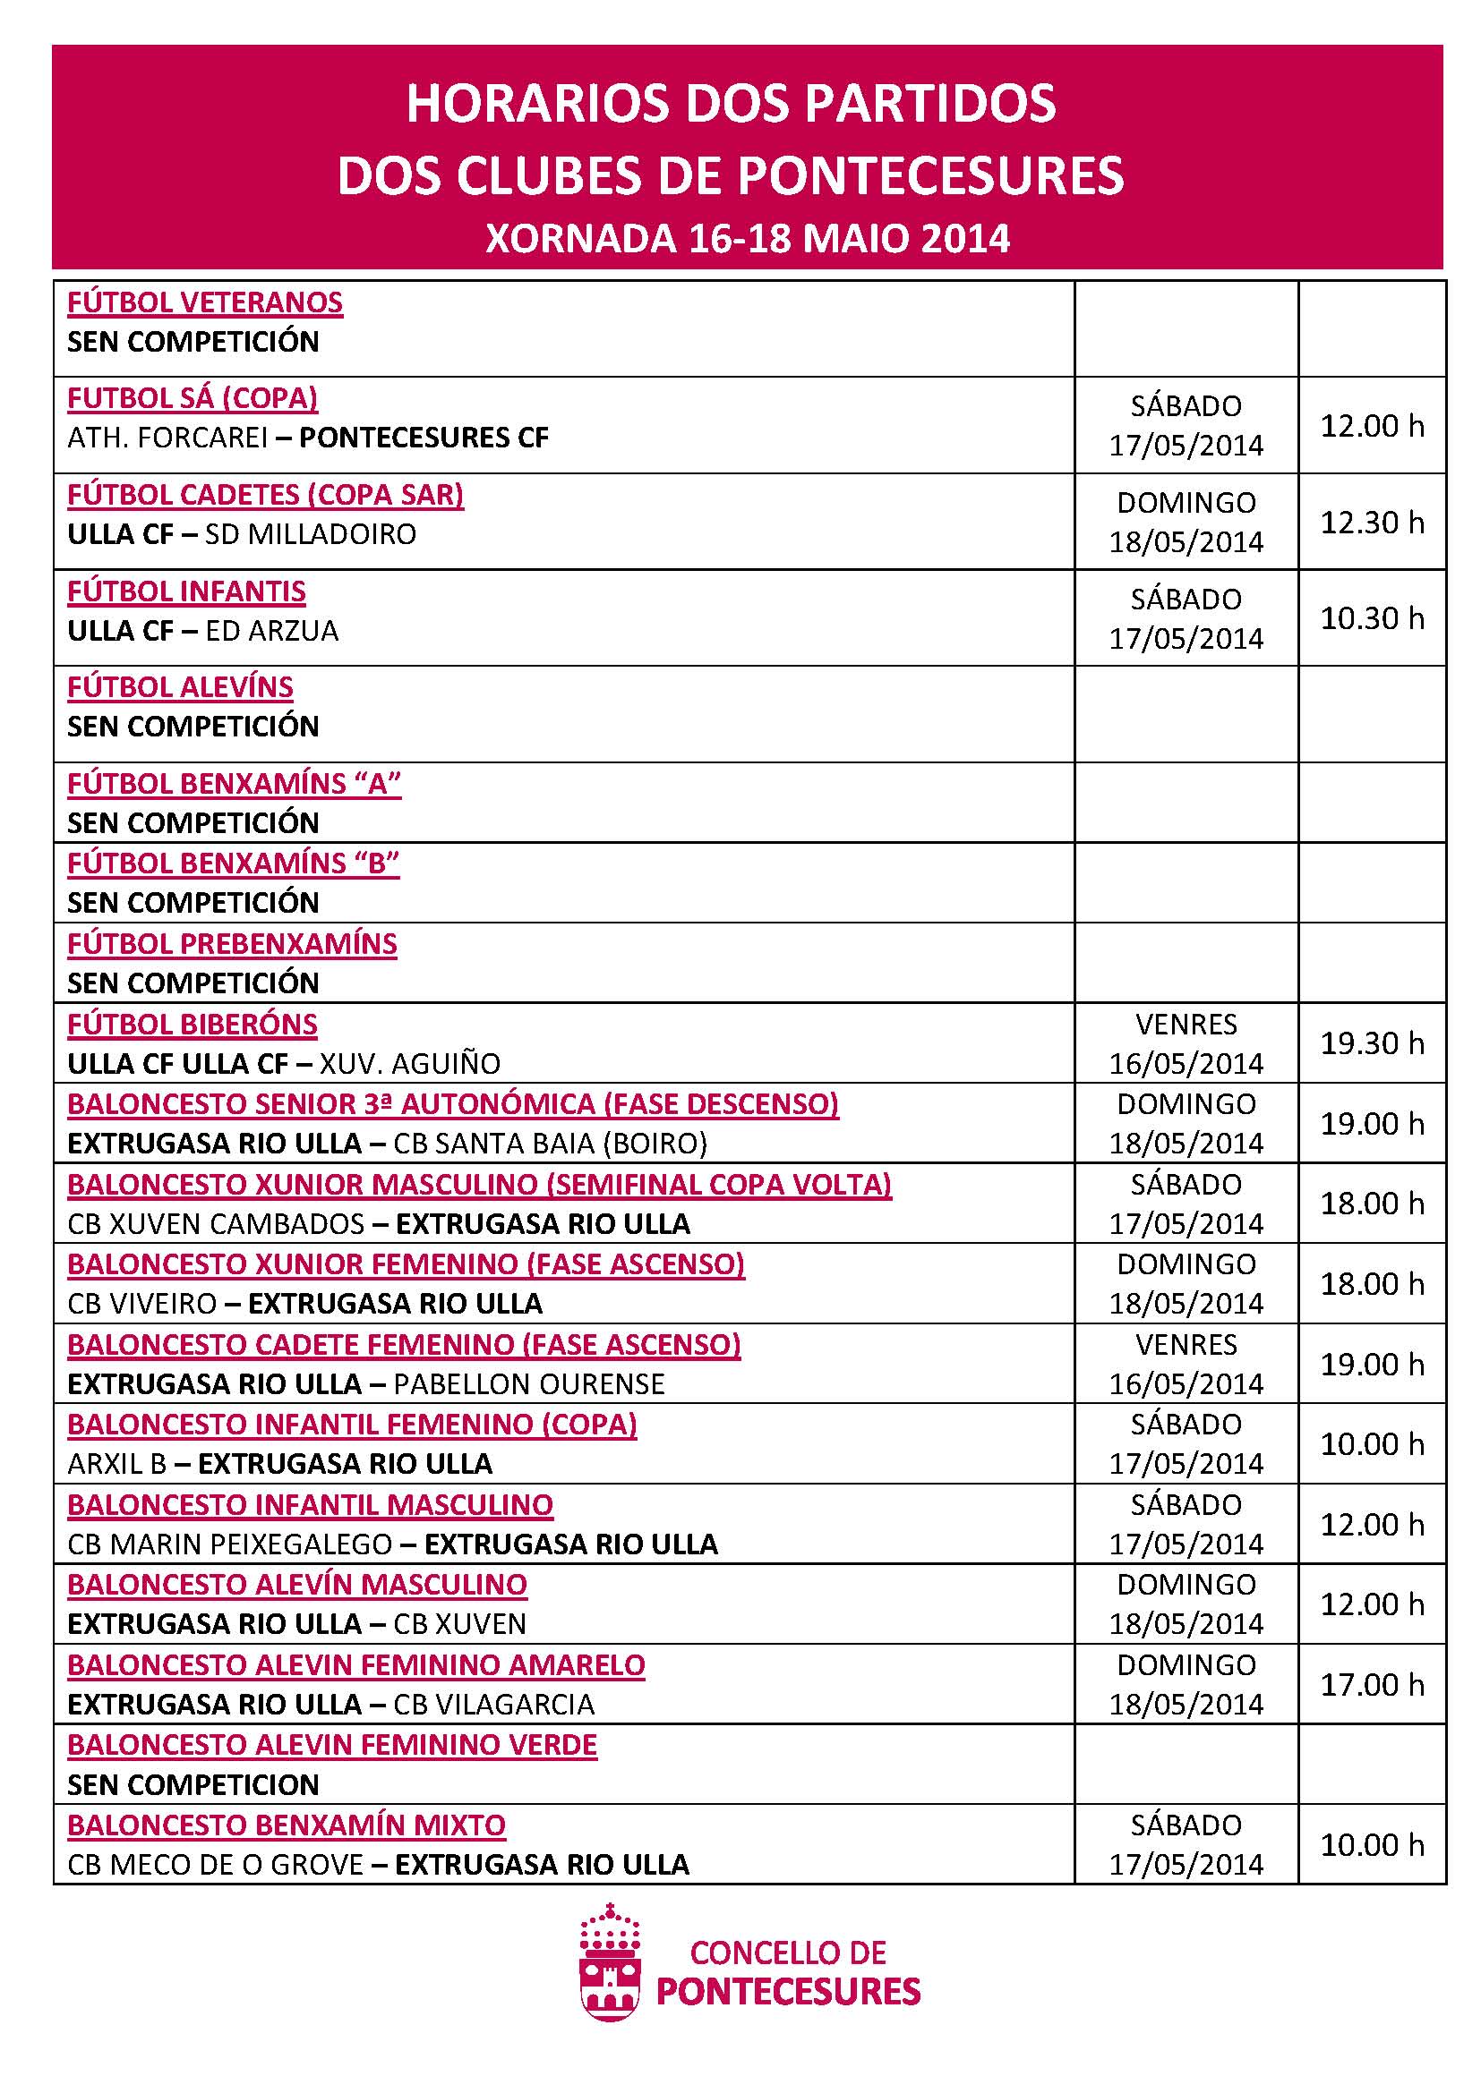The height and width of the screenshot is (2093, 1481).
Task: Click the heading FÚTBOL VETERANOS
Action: (204, 302)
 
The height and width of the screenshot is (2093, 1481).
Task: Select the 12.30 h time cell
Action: (1372, 523)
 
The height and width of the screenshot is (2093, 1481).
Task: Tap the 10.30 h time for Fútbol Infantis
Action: (1372, 618)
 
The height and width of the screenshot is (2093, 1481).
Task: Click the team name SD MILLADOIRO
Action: (310, 534)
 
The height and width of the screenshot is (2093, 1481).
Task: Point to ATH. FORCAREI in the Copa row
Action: (167, 438)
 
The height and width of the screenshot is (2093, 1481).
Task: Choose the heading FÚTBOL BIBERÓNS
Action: (193, 1025)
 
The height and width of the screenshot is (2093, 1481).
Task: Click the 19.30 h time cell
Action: (1372, 1042)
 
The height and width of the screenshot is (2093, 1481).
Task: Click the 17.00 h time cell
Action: (1372, 1684)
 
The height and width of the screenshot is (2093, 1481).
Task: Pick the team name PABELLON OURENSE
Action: (529, 1383)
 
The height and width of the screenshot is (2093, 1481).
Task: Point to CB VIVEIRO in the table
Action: (141, 1304)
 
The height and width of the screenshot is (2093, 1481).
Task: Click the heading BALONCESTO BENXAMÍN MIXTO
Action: (287, 1825)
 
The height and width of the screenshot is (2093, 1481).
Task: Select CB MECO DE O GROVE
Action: (215, 1864)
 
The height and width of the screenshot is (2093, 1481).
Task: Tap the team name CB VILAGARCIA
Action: (493, 1704)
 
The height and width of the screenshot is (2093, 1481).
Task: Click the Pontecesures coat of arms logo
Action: (610, 1973)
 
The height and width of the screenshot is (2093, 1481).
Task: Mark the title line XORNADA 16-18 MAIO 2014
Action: (747, 239)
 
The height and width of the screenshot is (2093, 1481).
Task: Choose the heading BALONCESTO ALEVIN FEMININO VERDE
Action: (332, 1745)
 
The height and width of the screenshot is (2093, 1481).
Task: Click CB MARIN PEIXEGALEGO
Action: (230, 1544)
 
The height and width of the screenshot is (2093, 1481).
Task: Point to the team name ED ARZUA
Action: (272, 631)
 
